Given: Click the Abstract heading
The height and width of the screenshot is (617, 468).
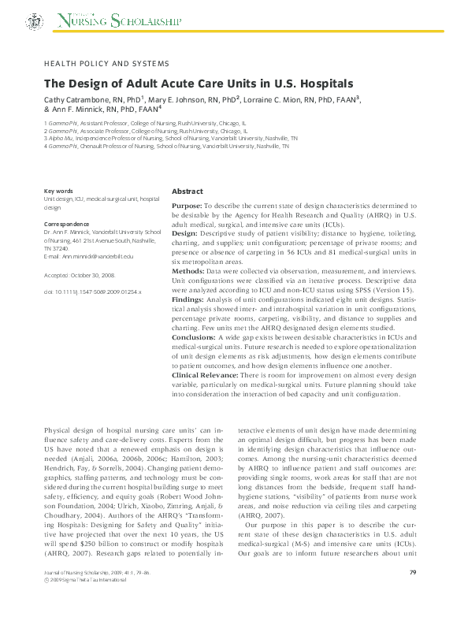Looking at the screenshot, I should tap(187, 191).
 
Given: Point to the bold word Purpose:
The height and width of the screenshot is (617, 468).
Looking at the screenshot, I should tap(187, 205).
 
